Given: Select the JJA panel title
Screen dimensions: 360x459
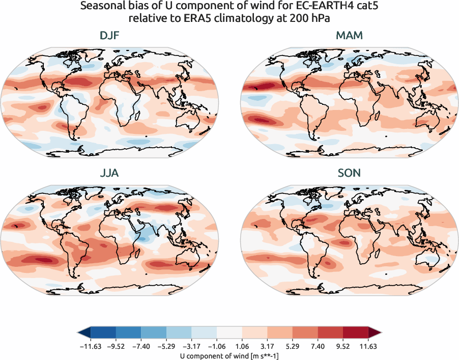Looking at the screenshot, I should tap(110, 173).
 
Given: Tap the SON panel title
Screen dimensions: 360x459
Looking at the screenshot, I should tap(349, 173).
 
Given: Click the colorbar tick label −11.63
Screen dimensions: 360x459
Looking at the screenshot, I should tap(91, 346).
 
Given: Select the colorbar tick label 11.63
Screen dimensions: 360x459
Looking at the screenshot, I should tap(367, 346).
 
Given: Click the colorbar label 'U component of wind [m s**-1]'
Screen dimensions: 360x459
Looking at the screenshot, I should tap(229, 356).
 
